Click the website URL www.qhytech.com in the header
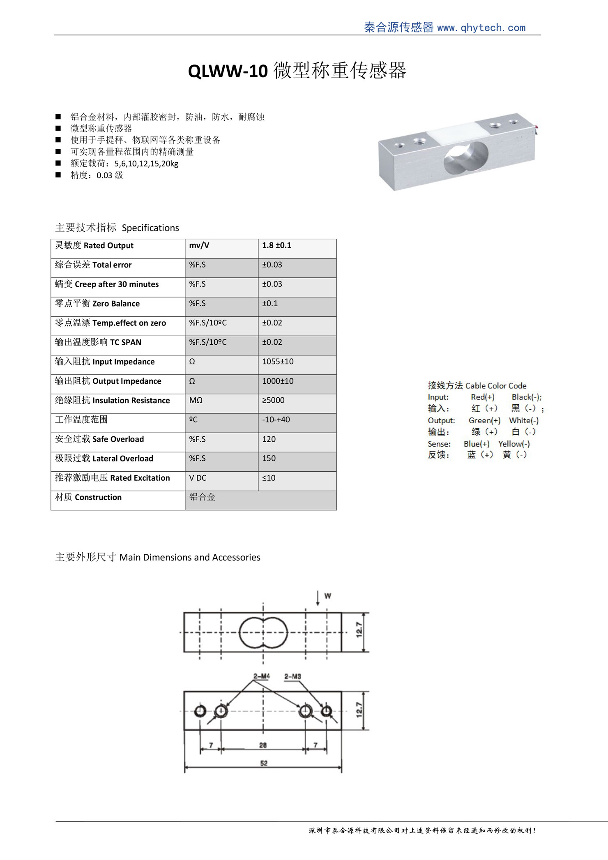(481, 28)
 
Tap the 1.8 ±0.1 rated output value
(276, 245)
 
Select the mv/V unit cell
(199, 245)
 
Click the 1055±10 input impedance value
(278, 362)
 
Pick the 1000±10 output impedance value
(278, 381)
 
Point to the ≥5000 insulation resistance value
(273, 400)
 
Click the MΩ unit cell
(196, 400)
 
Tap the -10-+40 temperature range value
(276, 420)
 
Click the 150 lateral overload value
(269, 458)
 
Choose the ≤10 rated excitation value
(269, 478)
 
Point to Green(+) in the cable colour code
(484, 420)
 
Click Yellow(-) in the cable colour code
(514, 444)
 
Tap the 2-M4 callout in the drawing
(261, 676)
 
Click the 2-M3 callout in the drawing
(292, 676)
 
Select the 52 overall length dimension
(264, 763)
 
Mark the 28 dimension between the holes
(263, 745)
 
